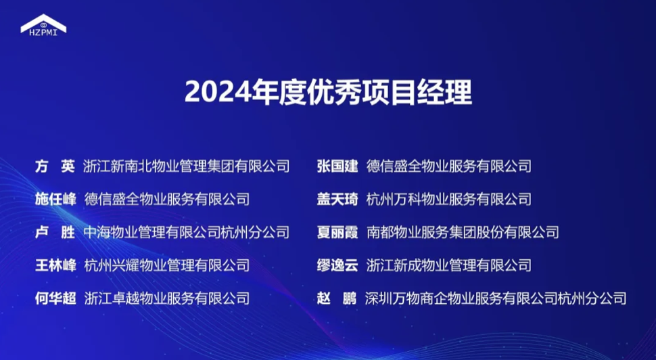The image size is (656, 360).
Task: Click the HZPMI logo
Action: [x=43, y=25]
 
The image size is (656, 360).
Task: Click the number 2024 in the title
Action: [x=218, y=93]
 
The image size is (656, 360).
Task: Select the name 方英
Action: [x=55, y=166]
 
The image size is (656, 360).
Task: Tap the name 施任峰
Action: [x=55, y=199]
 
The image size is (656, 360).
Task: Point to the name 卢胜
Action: [x=55, y=232]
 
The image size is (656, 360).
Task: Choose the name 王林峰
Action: [x=55, y=265]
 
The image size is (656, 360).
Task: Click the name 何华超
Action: [x=55, y=298]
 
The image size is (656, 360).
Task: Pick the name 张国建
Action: [x=337, y=166]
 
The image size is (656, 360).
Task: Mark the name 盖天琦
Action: [x=337, y=199]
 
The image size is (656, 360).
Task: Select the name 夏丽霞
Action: [x=337, y=232]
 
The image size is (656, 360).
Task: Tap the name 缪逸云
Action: [x=337, y=265]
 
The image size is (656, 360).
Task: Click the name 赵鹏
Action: [x=337, y=298]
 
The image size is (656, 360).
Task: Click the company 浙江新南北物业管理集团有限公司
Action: [x=186, y=166]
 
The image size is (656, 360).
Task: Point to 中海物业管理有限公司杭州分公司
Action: [x=186, y=232]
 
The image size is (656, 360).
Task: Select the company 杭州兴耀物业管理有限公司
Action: [x=167, y=265]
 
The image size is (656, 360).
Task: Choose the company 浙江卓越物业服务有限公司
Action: [x=167, y=298]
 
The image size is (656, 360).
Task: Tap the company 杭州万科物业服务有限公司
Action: [x=449, y=199]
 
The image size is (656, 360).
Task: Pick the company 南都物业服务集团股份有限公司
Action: [x=463, y=232]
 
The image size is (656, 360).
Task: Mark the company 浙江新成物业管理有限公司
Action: [x=449, y=265]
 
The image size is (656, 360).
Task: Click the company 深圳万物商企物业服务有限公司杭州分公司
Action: [x=495, y=298]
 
